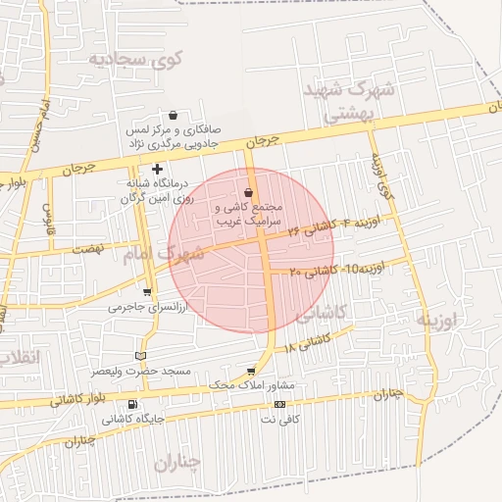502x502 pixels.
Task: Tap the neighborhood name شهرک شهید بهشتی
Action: point(350,101)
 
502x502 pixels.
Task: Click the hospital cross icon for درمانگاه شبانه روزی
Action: point(157,170)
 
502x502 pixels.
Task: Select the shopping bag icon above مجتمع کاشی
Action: point(248,192)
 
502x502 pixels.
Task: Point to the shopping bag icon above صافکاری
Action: point(174,115)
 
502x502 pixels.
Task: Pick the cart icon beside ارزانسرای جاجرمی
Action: point(147,292)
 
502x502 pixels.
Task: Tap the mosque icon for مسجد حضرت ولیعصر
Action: point(138,355)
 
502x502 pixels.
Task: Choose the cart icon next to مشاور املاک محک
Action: point(251,371)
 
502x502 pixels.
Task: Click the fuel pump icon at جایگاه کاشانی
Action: point(132,404)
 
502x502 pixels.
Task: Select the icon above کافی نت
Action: point(280,404)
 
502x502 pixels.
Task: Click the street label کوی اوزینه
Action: point(380,177)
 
